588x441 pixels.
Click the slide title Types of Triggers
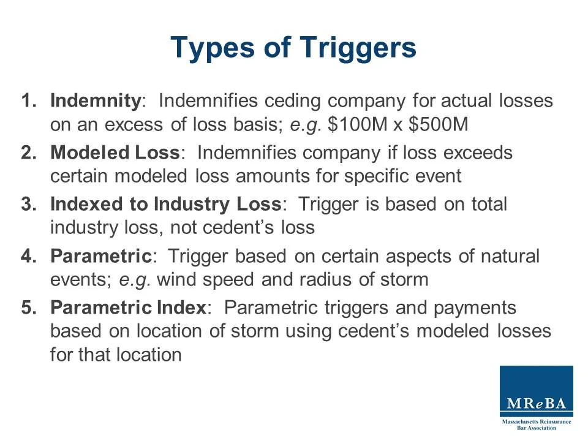(293, 48)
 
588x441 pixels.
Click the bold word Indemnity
(96, 100)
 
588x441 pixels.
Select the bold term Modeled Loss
(115, 153)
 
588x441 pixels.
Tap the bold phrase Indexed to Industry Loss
(167, 204)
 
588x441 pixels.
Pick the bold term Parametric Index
(127, 307)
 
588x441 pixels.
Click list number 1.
(28, 100)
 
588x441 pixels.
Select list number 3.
(28, 204)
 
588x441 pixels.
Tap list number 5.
(28, 307)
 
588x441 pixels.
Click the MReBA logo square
(536, 391)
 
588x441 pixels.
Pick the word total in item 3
(486, 204)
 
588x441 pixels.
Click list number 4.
(28, 256)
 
